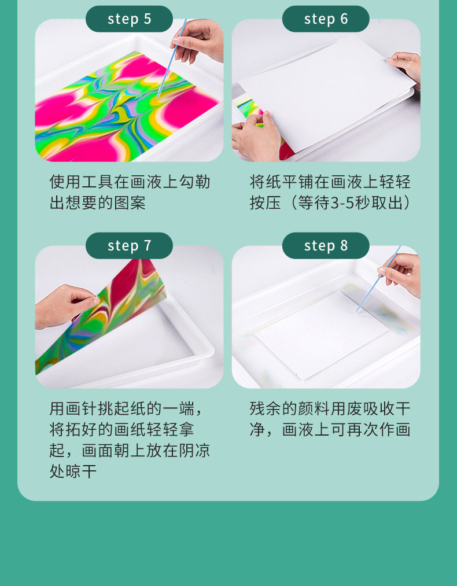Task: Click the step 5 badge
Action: pos(129,19)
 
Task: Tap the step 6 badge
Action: pos(326,19)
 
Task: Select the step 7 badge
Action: pos(129,245)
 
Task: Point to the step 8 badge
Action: pos(326,245)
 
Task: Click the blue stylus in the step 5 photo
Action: pos(171,59)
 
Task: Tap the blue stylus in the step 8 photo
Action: pos(378,279)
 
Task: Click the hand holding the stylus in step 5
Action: pos(198,41)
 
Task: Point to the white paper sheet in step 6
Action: pos(327,94)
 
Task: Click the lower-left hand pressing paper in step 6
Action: pos(256,137)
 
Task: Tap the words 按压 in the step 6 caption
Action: pos(266,203)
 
